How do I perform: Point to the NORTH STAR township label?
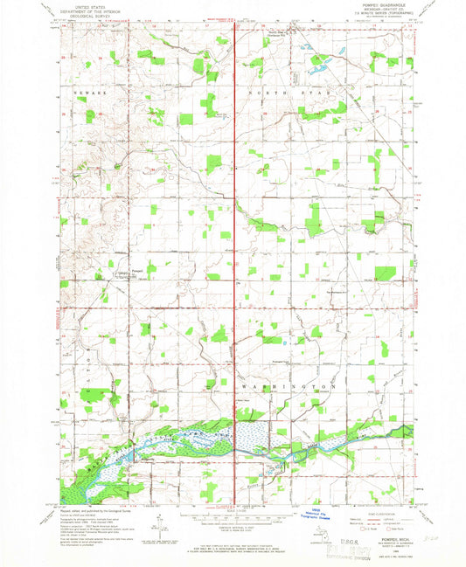(289, 91)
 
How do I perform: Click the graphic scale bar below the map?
(234, 518)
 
